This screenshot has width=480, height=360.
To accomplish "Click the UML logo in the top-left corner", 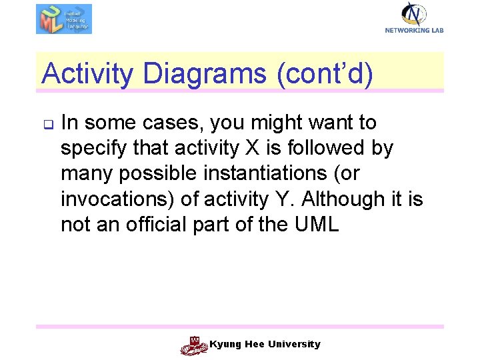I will pyautogui.click(x=63, y=19).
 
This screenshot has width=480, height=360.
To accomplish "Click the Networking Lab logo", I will pyautogui.click(x=414, y=17).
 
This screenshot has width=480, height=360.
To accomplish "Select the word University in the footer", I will pyautogui.click(x=294, y=345).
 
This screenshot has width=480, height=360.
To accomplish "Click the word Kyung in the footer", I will pyautogui.click(x=224, y=345).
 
